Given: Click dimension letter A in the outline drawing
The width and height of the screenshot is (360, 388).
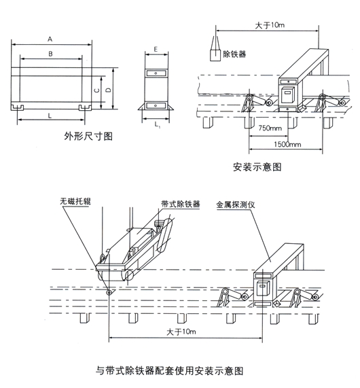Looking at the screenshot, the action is coord(50,39).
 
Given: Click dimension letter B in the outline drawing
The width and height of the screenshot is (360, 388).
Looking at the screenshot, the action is coord(50,54).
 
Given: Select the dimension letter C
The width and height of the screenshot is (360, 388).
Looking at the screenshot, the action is coord(97,90).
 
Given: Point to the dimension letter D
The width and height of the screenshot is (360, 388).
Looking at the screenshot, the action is coord(109,90).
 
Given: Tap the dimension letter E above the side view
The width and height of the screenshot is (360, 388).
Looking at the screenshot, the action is coord(156,49).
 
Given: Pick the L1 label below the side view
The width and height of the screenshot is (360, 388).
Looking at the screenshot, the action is coord(158,125).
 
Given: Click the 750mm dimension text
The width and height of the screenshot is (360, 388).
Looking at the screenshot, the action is coord(270,128).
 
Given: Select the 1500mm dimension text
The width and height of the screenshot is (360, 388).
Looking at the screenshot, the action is coord(287,144).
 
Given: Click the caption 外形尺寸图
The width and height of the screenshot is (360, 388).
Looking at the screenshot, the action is coord(88,137).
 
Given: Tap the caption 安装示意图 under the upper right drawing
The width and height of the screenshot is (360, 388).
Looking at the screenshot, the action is coord(257,167).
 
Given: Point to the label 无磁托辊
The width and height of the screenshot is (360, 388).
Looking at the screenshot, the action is coord(75,201).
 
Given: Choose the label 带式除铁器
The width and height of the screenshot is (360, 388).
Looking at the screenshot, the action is coord(181,204).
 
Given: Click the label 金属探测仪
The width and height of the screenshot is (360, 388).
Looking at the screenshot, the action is coord(235,205).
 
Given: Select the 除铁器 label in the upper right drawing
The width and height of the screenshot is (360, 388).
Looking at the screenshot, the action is coord(234,54).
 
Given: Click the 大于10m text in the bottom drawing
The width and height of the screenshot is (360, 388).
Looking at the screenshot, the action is coord(181,332).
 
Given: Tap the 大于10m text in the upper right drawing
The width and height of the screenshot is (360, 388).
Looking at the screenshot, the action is coord(270,25).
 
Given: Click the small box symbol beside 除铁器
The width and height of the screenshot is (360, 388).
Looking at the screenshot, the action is coord(215,56).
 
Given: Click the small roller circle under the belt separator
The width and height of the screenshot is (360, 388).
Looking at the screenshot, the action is coord(109,292).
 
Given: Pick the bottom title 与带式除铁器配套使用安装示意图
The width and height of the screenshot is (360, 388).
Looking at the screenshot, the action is coord(170,371).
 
